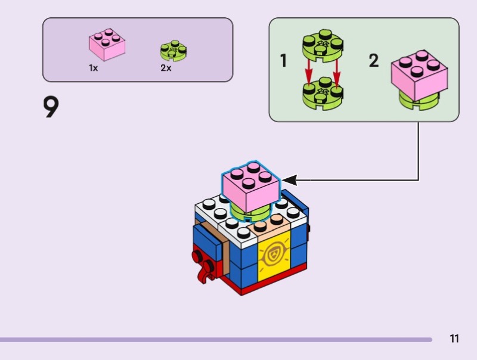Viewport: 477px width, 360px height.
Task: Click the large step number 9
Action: point(51,107)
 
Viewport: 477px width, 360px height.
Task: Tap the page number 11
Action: point(454,339)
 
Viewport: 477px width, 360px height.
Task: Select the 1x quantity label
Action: point(94,68)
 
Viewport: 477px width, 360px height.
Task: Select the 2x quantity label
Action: point(166,68)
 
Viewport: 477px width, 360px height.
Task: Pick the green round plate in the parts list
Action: point(174,51)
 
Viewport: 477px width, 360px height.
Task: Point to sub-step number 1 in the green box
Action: point(284,61)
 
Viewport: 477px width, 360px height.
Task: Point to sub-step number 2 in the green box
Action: point(374,61)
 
